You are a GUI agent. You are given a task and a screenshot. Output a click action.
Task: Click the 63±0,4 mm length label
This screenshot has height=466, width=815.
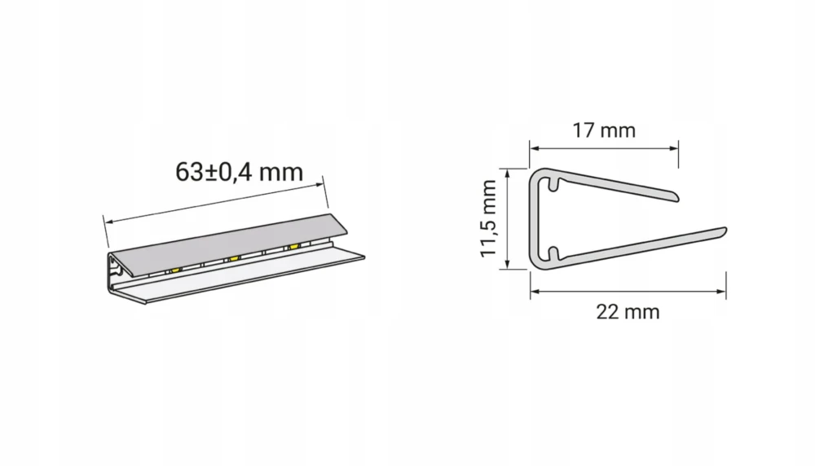pyautogui.click(x=239, y=172)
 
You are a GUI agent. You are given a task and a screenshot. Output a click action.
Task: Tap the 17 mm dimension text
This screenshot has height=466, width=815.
pyautogui.click(x=604, y=130)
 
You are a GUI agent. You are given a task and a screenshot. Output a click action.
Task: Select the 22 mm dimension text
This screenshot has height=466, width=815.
pyautogui.click(x=628, y=312)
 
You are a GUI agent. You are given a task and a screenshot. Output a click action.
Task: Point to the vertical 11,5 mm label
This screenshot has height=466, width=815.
pyautogui.click(x=488, y=218)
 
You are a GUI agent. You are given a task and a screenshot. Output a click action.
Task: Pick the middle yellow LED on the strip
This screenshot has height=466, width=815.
pyautogui.click(x=233, y=258)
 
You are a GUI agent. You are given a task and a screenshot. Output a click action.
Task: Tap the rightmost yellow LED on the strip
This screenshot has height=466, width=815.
pyautogui.click(x=294, y=246)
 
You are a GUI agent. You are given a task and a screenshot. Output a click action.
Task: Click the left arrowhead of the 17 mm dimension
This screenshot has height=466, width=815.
pyautogui.click(x=535, y=148)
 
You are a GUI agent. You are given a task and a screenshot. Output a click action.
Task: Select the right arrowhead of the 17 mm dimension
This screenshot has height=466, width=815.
pyautogui.click(x=674, y=148)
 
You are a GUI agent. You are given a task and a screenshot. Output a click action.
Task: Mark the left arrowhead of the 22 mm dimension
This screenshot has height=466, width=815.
pyautogui.click(x=535, y=292)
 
